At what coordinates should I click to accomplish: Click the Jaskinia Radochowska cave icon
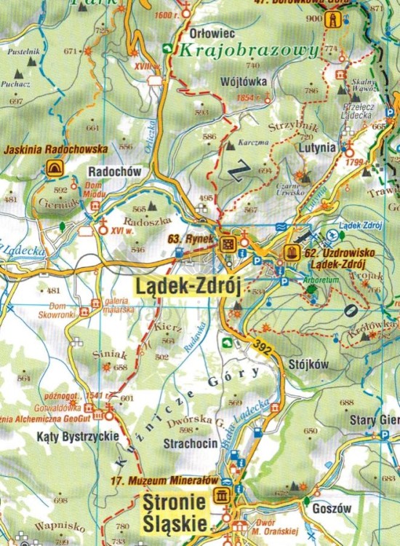coord(54,169)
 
